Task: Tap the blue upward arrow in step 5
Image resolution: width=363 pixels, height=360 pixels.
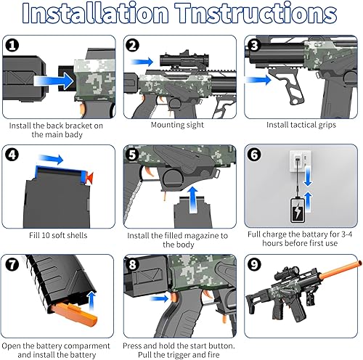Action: (191, 198)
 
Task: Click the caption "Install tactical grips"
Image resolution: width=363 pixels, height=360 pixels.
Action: (300, 125)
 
